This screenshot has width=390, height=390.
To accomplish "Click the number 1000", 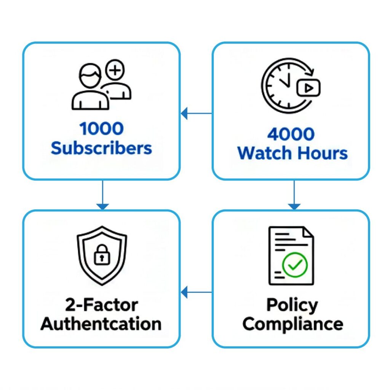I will (x=102, y=129).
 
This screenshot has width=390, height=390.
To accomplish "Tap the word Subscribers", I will (x=102, y=148).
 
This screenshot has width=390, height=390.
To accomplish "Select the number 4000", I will (x=291, y=134).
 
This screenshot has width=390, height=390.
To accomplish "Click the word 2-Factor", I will (x=101, y=305).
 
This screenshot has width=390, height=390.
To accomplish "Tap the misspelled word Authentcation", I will (x=101, y=324).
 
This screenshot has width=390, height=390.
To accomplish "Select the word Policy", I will (x=292, y=305).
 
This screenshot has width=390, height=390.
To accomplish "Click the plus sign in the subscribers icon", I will (x=117, y=70).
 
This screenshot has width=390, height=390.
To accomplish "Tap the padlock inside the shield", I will (x=102, y=257).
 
